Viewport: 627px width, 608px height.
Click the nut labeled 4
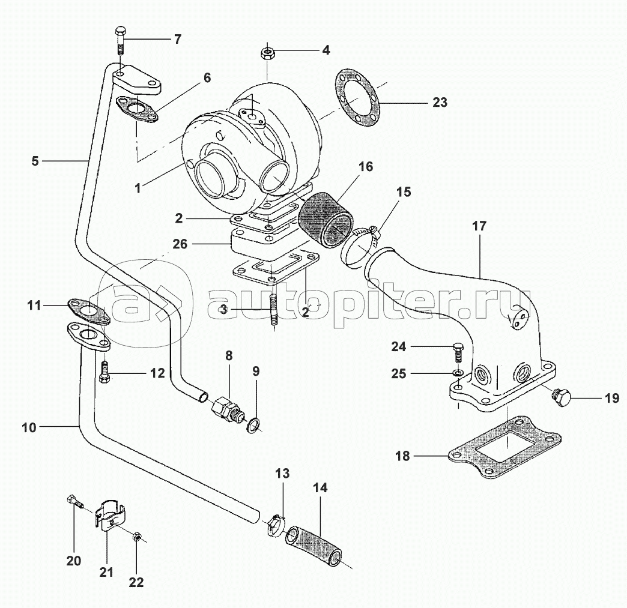(267, 54)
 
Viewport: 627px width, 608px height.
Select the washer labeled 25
(458, 374)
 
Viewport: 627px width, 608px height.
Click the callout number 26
(180, 245)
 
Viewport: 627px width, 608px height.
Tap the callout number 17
(479, 226)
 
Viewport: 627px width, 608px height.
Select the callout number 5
(35, 160)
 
